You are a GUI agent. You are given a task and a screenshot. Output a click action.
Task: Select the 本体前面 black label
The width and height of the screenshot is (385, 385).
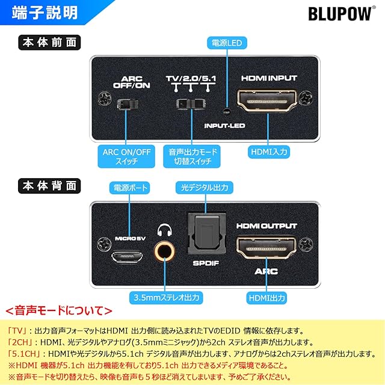[x=49, y=43]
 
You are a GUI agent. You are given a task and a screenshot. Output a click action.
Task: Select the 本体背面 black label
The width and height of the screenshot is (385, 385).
[x=49, y=186]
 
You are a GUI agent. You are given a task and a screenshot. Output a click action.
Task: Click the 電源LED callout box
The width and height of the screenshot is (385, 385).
[x=227, y=43]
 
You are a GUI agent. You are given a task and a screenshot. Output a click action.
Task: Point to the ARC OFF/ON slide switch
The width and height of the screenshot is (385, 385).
[x=128, y=104]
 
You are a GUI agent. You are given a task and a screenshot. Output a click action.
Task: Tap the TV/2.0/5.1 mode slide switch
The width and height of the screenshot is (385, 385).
[x=191, y=104]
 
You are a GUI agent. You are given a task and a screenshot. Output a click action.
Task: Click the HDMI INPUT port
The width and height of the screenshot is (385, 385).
[x=267, y=101]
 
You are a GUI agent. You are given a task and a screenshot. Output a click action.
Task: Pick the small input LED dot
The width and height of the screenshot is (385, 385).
[x=227, y=112]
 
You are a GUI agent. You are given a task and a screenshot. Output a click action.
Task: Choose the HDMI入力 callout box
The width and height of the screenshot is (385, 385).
[x=269, y=152]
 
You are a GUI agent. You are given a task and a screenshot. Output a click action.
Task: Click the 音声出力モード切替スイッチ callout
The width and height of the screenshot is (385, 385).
[x=192, y=156]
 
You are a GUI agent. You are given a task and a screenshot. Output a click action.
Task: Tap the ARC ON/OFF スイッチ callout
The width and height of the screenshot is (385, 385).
[x=126, y=156]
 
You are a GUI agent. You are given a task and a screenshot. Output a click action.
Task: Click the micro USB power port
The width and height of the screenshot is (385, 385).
[x=127, y=257]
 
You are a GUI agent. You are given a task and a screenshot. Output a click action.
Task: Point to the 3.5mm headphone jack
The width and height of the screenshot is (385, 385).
[x=164, y=251]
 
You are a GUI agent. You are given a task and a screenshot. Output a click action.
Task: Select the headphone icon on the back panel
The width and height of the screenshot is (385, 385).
[x=164, y=230]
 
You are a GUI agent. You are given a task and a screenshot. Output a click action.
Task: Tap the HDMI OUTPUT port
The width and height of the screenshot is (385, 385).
[x=266, y=247]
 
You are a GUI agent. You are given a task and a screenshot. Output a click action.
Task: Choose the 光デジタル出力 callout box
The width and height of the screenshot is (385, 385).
[x=205, y=188]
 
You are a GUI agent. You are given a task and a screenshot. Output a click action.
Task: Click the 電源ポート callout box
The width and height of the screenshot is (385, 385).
[x=130, y=188]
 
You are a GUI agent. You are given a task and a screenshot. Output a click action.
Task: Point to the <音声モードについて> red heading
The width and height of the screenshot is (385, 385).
[x=59, y=310]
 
